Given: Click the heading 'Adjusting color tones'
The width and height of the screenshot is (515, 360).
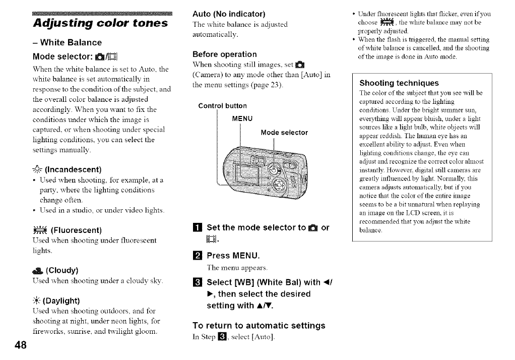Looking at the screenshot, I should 100,23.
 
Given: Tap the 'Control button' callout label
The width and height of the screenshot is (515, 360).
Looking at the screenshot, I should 222,106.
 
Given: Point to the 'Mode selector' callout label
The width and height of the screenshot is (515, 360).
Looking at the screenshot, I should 284,133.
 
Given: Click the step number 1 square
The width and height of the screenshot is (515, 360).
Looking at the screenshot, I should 198,228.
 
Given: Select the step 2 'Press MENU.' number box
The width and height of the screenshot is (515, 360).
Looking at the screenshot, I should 198,255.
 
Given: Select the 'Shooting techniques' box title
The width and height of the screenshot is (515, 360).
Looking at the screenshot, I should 399,83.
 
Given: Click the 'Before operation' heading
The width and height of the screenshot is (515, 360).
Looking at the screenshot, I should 225,54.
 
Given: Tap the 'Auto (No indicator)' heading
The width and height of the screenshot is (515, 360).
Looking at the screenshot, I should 229,13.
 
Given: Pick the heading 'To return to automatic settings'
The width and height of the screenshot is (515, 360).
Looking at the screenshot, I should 259,325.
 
